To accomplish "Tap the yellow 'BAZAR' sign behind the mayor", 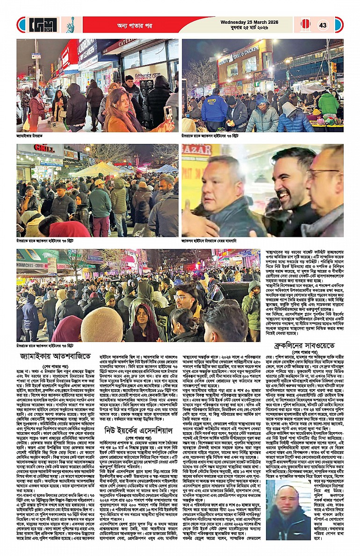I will [196, 150].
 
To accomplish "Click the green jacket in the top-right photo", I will [329, 103].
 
